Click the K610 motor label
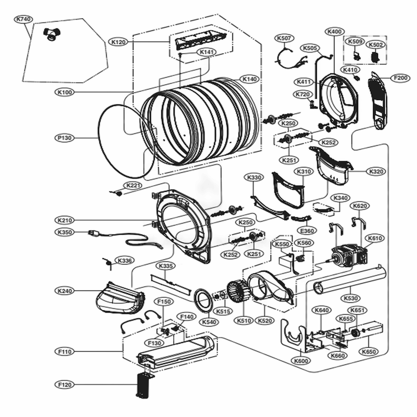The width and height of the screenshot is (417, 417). point(374,238)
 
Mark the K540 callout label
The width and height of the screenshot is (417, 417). point(209,322)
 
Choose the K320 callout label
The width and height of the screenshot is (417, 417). point(376,171)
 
